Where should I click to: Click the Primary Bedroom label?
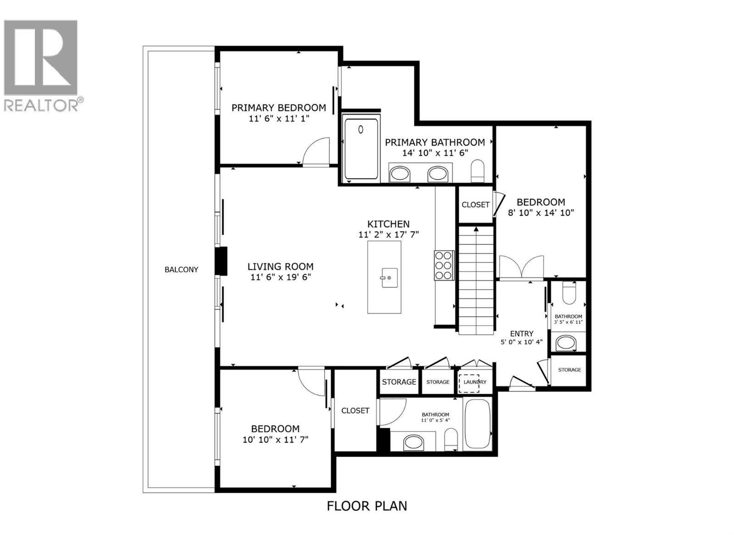pos(278,108)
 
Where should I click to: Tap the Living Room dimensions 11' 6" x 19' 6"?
pos(280,277)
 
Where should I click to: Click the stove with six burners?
pos(444,265)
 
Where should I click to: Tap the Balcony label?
pos(181,269)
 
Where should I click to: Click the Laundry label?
pos(475,382)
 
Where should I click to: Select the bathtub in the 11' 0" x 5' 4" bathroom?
pos(478,424)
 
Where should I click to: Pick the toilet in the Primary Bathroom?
pos(478,170)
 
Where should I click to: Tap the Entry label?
pos(522,334)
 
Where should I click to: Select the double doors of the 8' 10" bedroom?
pos(521,267)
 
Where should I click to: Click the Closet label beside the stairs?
pos(475,205)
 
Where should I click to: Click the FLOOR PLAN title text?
pos(367,506)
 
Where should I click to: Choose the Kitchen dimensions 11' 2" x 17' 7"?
pos(389,234)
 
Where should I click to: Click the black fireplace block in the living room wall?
pos(222,261)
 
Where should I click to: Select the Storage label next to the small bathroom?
pos(569,370)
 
